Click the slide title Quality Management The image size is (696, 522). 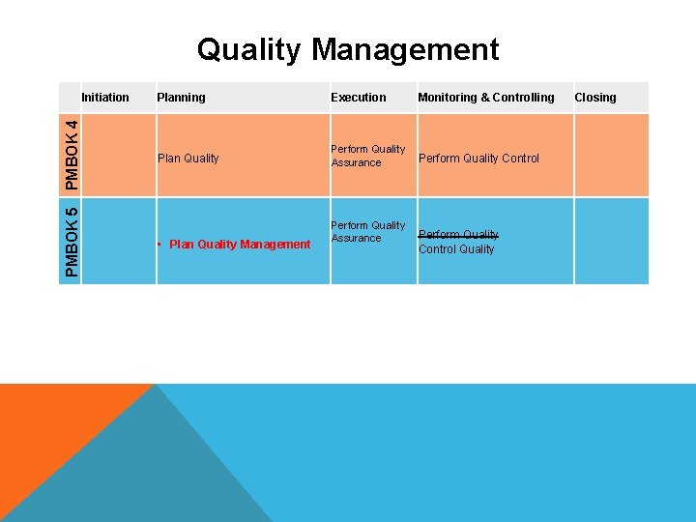348,49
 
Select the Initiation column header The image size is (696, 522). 105,97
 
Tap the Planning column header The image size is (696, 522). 181,97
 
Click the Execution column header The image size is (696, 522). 358,97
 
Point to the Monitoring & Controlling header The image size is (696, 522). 486,97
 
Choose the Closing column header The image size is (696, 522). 594,97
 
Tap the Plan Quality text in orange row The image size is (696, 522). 188,158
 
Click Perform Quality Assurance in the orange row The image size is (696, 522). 367,156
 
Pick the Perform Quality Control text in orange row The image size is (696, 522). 478,158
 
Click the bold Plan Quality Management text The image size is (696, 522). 240,244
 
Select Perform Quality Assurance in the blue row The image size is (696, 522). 367,231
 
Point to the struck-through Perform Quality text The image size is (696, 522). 458,234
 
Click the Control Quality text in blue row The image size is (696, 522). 455,248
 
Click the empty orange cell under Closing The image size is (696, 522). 611,155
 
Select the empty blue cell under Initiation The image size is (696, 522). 119,241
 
